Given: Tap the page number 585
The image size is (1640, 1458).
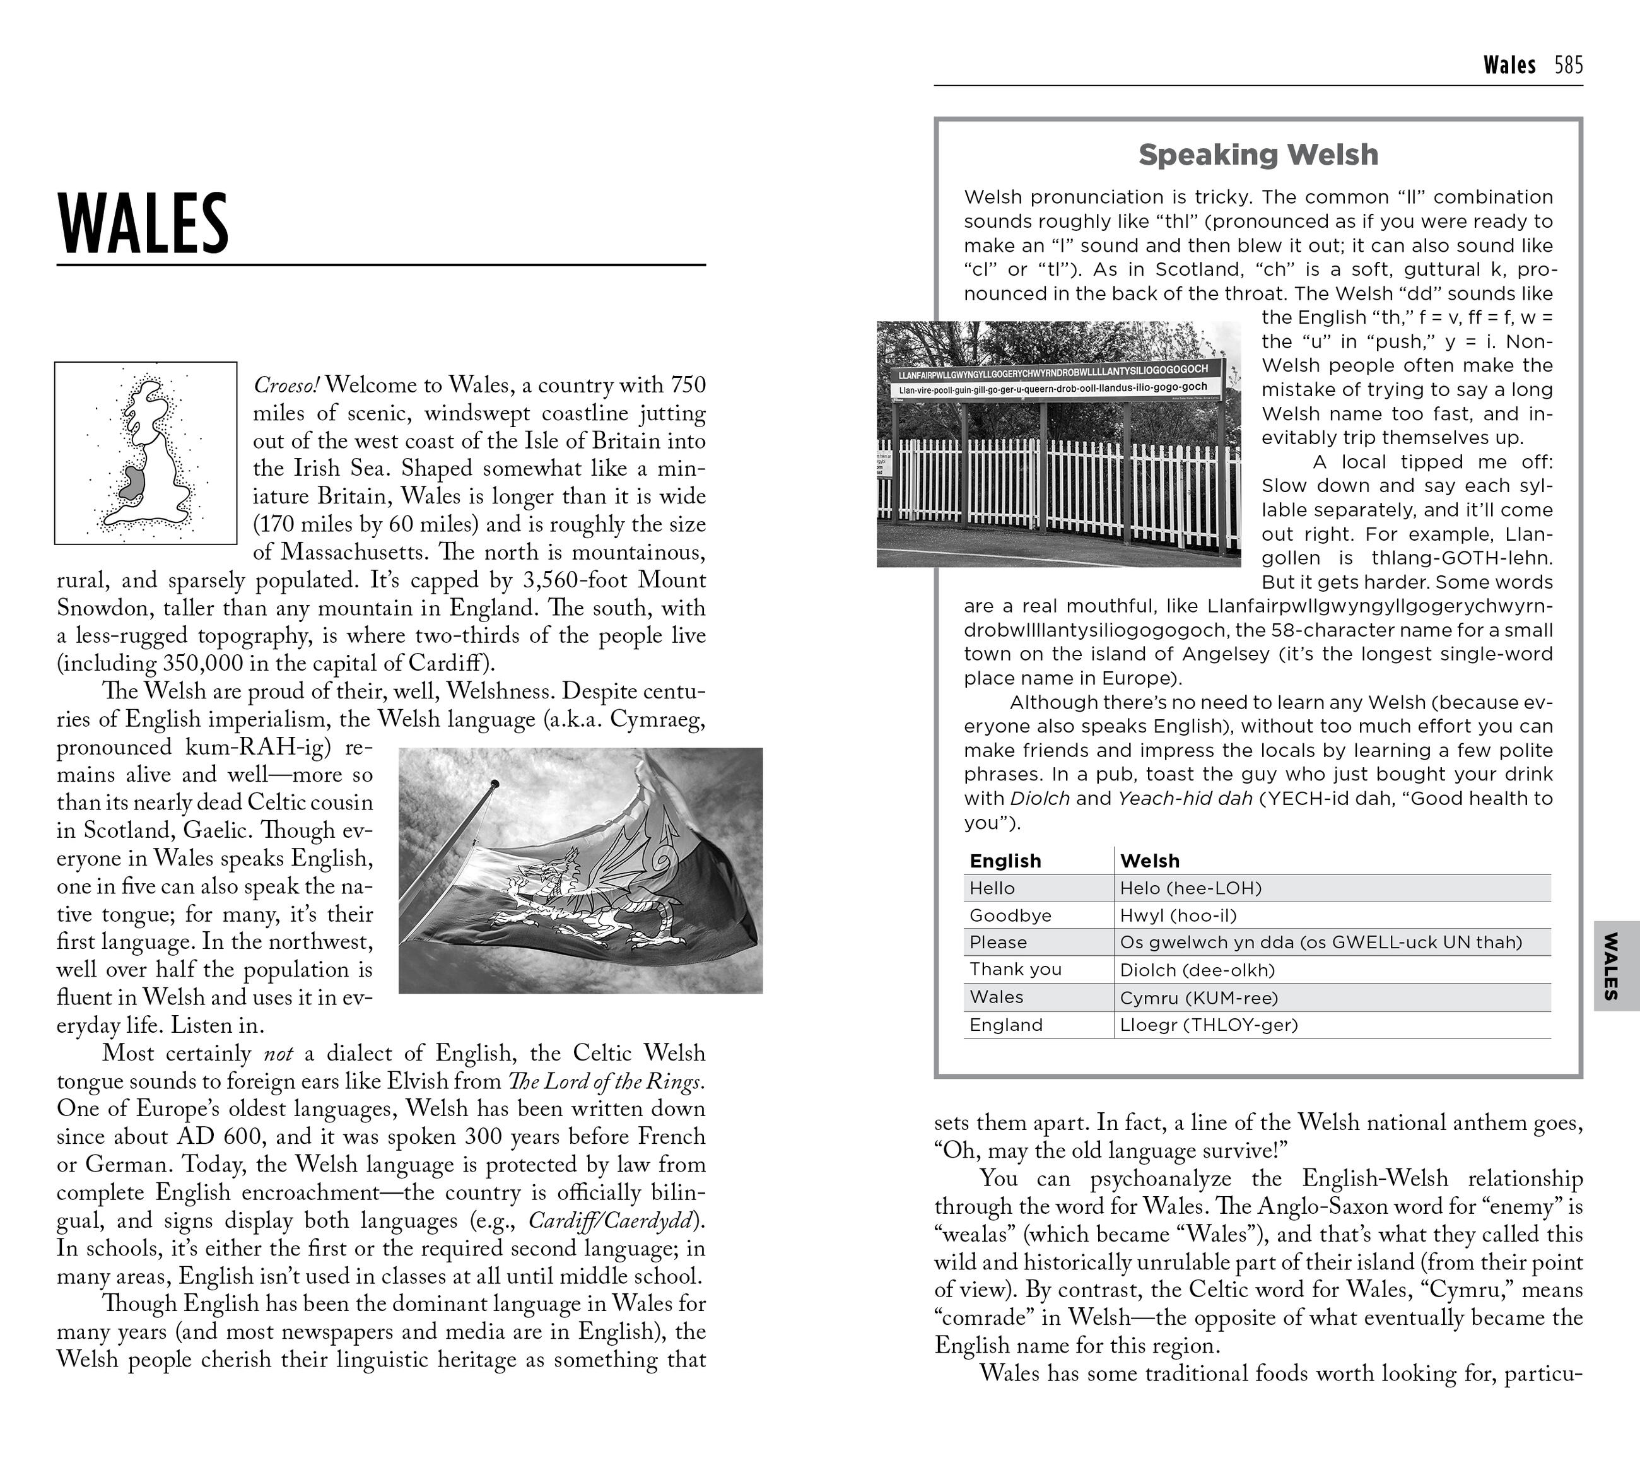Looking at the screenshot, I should pos(1568,65).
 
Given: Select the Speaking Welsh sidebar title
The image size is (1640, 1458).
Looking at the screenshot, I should pos(1258,154).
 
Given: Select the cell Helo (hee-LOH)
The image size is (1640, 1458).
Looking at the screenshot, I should pos(1191,888).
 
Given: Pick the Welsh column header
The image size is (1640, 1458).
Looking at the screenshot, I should pos(1150,861).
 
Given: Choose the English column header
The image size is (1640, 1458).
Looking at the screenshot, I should pos(1005,861).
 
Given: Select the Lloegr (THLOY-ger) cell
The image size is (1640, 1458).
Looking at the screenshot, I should pos(1209,1025).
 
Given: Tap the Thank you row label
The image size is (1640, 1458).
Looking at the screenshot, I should pos(1015,969).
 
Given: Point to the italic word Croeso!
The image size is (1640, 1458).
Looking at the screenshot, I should pos(286,385).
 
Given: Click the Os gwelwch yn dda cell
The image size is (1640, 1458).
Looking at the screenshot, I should pos(1321,942).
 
